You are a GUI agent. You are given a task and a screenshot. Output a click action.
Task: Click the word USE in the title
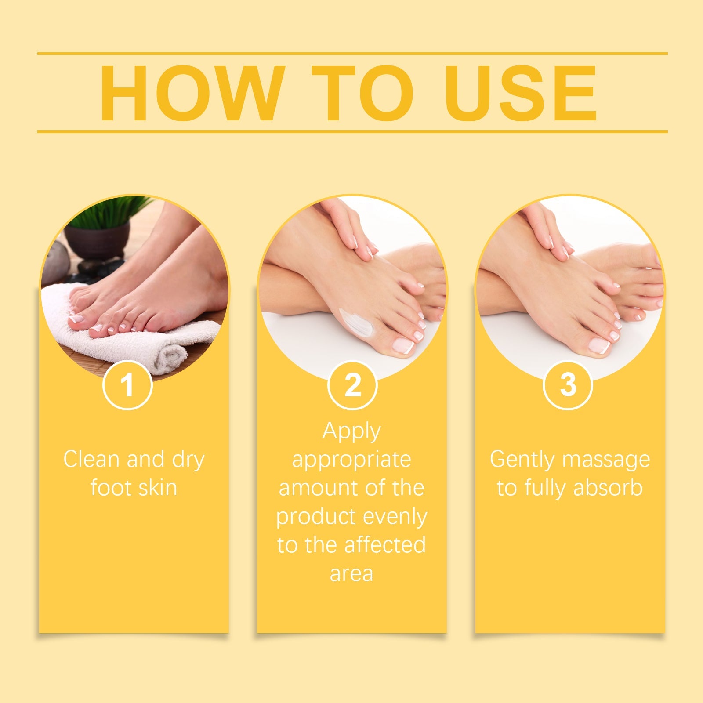coord(521,93)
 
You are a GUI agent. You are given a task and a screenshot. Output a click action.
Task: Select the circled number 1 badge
coord(127,385)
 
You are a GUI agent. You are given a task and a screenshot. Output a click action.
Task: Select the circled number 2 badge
coord(352,385)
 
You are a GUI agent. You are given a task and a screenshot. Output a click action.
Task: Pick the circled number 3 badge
coord(568,385)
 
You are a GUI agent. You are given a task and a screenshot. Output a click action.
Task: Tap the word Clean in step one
coord(91,460)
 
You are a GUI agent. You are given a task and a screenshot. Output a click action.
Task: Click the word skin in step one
coord(156,488)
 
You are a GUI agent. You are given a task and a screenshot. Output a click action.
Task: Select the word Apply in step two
coord(351,431)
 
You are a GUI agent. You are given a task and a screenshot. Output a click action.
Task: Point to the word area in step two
coord(351,574)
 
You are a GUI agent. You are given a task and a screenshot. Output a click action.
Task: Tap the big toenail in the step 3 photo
coord(599,345)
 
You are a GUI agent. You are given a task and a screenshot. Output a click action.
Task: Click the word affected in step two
coord(385,545)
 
